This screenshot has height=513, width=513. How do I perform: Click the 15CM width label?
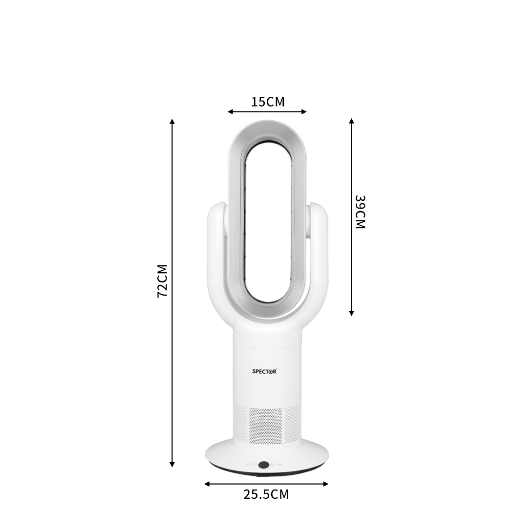[x=267, y=102]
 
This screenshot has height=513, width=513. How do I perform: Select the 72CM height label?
[x=162, y=281]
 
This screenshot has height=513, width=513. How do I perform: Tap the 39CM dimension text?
[x=360, y=212]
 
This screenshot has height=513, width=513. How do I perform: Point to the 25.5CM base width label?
[x=266, y=494]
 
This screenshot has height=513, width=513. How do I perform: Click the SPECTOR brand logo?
[x=264, y=371]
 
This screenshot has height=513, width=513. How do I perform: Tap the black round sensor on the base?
[x=264, y=465]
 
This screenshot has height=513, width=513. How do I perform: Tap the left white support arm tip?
[x=215, y=209]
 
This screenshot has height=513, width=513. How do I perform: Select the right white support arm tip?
[x=317, y=209]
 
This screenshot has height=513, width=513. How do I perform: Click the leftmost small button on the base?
[x=248, y=465]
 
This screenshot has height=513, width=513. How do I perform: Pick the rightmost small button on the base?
[x=279, y=465]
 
